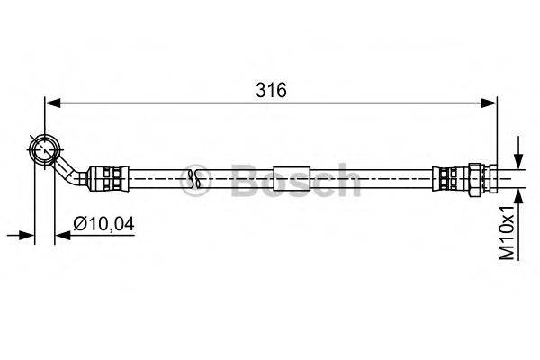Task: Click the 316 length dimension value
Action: (x=271, y=90)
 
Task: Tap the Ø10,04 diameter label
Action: (x=104, y=224)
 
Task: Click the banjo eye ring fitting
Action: (x=45, y=150)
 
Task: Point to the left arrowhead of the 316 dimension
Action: (x=53, y=103)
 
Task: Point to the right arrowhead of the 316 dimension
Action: (x=489, y=103)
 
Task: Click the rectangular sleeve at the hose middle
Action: (x=292, y=179)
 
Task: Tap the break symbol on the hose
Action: (x=195, y=179)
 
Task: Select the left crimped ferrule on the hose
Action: (x=109, y=179)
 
